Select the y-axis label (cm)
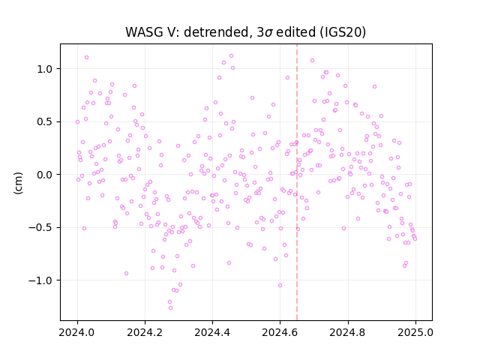pos(18,183)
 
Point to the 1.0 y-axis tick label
pos(45,69)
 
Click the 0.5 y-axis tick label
pos(45,121)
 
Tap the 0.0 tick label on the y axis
pos(45,175)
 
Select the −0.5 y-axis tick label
pos(40,228)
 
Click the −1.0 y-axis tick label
pos(40,280)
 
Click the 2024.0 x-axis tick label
pos(77,332)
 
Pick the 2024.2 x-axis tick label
pos(145,332)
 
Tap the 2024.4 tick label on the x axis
pos(212,332)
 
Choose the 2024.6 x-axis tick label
pos(280,332)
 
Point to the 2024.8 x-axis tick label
pos(348,332)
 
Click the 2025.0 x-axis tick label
pos(415,332)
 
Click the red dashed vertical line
pos(297,182)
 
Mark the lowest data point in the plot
pos(170,308)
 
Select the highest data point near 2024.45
pos(232,56)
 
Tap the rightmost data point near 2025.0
pos(415,239)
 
